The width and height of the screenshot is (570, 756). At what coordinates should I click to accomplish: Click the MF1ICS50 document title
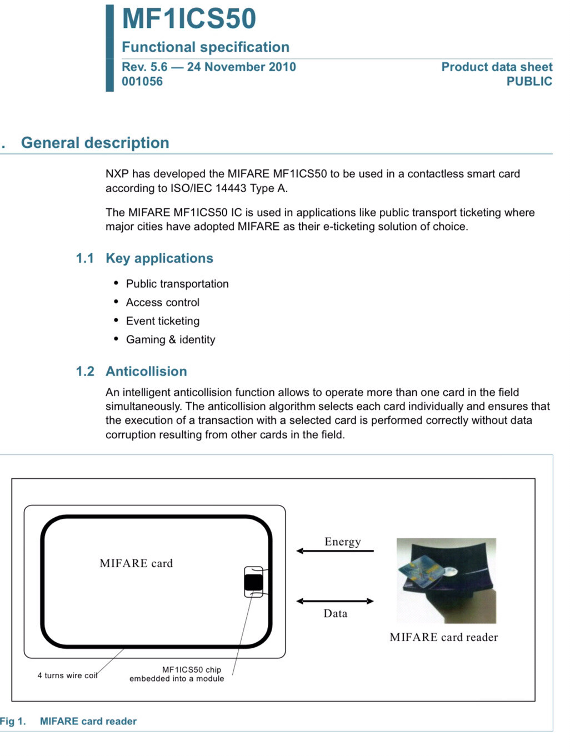pyautogui.click(x=189, y=18)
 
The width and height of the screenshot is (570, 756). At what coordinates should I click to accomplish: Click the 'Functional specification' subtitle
pyautogui.click(x=206, y=47)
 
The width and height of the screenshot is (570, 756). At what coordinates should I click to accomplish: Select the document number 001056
pyautogui.click(x=142, y=82)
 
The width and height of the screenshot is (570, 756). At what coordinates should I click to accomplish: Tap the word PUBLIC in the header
pyautogui.click(x=529, y=82)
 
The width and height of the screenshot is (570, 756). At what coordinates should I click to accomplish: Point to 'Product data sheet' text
pyautogui.click(x=497, y=67)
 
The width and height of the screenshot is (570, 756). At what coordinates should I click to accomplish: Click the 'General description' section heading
pyautogui.click(x=95, y=143)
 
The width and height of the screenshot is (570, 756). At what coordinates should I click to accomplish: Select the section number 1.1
pyautogui.click(x=85, y=258)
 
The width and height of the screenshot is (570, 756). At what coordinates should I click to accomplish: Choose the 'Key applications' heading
pyautogui.click(x=159, y=258)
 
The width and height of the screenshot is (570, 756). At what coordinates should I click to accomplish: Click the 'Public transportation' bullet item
pyautogui.click(x=177, y=284)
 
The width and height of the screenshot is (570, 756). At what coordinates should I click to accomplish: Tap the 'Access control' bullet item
pyautogui.click(x=163, y=303)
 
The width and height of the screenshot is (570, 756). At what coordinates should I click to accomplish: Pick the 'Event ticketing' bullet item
pyautogui.click(x=163, y=321)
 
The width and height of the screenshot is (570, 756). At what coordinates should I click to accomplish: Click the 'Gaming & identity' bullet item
pyautogui.click(x=171, y=340)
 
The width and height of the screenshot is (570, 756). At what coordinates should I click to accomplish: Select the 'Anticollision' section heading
pyautogui.click(x=146, y=372)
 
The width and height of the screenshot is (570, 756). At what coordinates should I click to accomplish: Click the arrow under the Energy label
pyautogui.click(x=335, y=551)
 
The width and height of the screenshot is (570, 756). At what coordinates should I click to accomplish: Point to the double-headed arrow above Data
pyautogui.click(x=335, y=601)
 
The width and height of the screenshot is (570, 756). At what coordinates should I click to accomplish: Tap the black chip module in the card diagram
pyautogui.click(x=253, y=582)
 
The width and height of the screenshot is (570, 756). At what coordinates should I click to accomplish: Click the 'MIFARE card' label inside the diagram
pyautogui.click(x=136, y=563)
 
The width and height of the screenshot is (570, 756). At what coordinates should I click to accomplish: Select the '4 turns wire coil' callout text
pyautogui.click(x=67, y=675)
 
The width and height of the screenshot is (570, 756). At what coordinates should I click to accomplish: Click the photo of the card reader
pyautogui.click(x=446, y=580)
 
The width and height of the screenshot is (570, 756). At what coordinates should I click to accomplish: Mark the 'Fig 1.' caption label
pyautogui.click(x=13, y=722)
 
